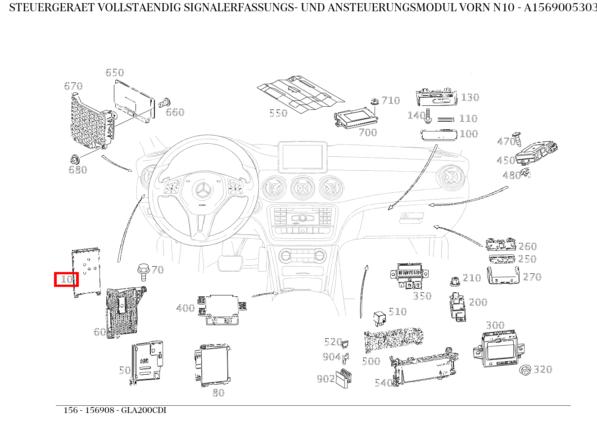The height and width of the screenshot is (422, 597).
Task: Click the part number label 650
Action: tap(114, 73)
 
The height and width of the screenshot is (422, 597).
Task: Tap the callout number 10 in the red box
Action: tap(66, 279)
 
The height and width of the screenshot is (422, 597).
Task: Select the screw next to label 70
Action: tap(143, 272)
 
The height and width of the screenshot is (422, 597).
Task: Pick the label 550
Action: tap(278, 113)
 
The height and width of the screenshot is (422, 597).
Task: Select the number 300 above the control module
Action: tap(495, 325)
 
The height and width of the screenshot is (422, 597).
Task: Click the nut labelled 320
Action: tap(525, 371)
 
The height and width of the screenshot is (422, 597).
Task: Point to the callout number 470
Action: tap(506, 141)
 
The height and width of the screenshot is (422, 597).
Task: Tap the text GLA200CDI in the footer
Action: tap(144, 410)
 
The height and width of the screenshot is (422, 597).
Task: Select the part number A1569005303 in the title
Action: tap(560, 8)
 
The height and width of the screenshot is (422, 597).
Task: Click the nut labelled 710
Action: tap(374, 101)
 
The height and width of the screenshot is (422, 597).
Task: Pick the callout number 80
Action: tap(218, 393)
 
